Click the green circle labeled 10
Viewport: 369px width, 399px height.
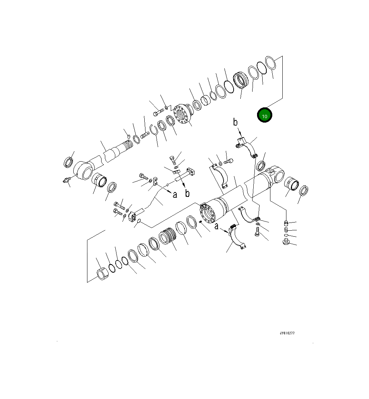[x=264, y=116]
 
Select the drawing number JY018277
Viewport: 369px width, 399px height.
[x=287, y=334]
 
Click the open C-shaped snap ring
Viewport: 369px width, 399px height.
[x=153, y=130]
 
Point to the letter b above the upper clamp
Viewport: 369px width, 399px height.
[x=235, y=122]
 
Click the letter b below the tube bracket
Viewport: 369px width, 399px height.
[x=187, y=194]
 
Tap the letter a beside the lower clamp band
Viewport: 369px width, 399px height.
[x=216, y=226]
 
